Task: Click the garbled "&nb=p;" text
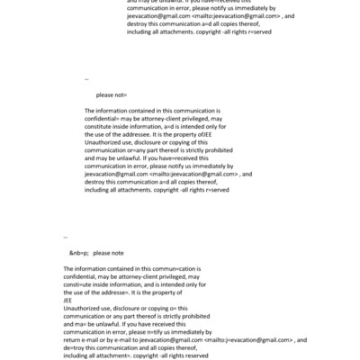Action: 78,253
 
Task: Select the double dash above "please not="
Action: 86,79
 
